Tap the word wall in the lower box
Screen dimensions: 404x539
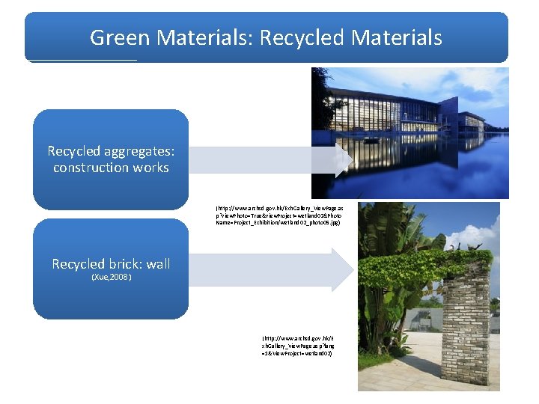click(x=158, y=263)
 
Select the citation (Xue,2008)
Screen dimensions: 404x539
click(x=111, y=278)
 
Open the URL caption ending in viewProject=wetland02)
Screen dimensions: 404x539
click(x=297, y=346)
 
